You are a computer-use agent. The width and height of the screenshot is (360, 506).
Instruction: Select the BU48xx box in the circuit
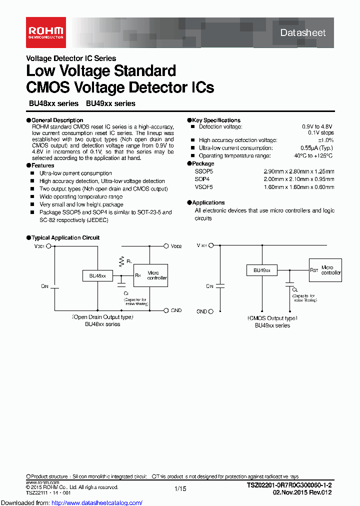click(97, 275)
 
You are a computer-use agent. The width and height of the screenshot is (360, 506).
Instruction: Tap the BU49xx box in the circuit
click(261, 270)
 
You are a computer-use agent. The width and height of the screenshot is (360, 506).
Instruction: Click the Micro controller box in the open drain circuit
click(150, 276)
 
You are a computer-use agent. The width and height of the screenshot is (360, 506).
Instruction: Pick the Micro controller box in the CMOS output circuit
click(325, 270)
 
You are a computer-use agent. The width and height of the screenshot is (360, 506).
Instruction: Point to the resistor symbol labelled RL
click(121, 260)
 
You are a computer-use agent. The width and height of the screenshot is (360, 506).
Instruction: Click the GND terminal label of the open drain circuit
click(176, 310)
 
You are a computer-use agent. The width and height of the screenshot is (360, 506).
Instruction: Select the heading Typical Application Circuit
click(65, 238)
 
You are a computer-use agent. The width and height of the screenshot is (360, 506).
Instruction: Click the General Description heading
click(57, 120)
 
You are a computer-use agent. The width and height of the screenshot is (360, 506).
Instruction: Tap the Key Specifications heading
click(216, 120)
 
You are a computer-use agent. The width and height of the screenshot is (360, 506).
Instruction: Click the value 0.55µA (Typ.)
click(316, 148)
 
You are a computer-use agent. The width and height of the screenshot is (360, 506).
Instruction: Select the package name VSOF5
click(203, 187)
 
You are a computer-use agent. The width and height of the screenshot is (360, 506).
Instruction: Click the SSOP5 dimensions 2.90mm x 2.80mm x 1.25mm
click(299, 171)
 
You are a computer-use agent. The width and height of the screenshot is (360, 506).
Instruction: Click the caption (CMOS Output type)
click(272, 318)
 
